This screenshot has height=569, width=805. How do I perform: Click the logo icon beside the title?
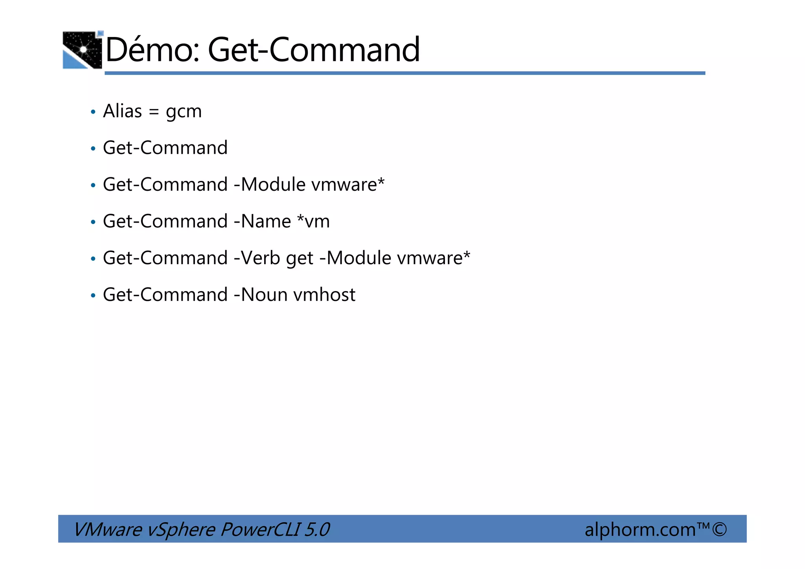[x=83, y=50]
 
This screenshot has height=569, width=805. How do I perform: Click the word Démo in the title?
[x=152, y=50]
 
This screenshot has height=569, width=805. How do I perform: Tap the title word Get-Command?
[x=314, y=50]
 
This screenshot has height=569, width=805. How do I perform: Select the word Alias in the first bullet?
[x=122, y=111]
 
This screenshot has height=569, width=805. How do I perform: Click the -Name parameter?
[x=262, y=221]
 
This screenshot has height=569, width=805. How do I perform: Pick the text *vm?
[x=313, y=221]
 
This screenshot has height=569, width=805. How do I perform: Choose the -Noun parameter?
[x=261, y=295]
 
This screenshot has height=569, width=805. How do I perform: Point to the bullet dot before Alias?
[x=93, y=112]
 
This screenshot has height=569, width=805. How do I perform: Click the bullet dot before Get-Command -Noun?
[x=93, y=295]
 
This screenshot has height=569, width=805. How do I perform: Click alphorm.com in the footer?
[x=640, y=529]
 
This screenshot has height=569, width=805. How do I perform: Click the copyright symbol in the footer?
[x=719, y=529]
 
